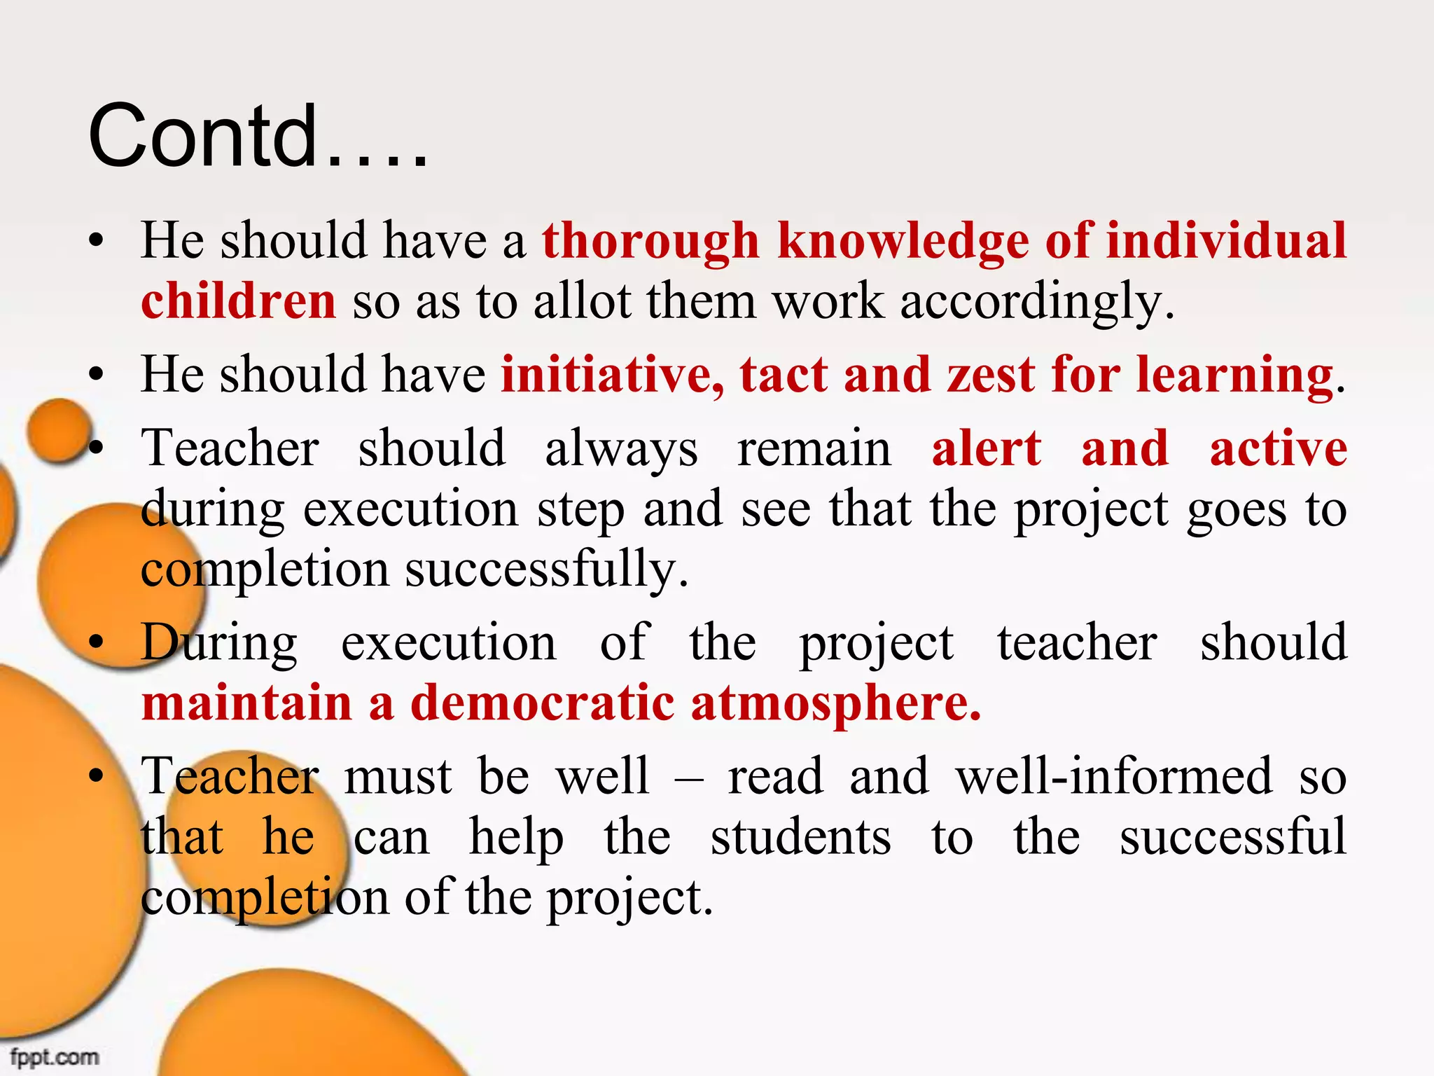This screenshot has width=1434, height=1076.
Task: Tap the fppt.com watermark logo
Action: [55, 1056]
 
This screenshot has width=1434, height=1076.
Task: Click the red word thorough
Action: [650, 241]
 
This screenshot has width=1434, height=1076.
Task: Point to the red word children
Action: [239, 301]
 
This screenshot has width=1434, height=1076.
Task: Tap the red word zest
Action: [991, 375]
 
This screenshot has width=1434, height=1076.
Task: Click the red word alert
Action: [987, 448]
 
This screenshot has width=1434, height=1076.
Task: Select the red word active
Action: [1279, 448]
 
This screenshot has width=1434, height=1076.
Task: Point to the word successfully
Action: [547, 570]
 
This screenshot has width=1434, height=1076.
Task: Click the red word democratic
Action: [543, 703]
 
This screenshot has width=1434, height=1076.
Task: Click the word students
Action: [801, 837]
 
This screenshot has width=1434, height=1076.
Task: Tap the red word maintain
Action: [246, 703]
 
